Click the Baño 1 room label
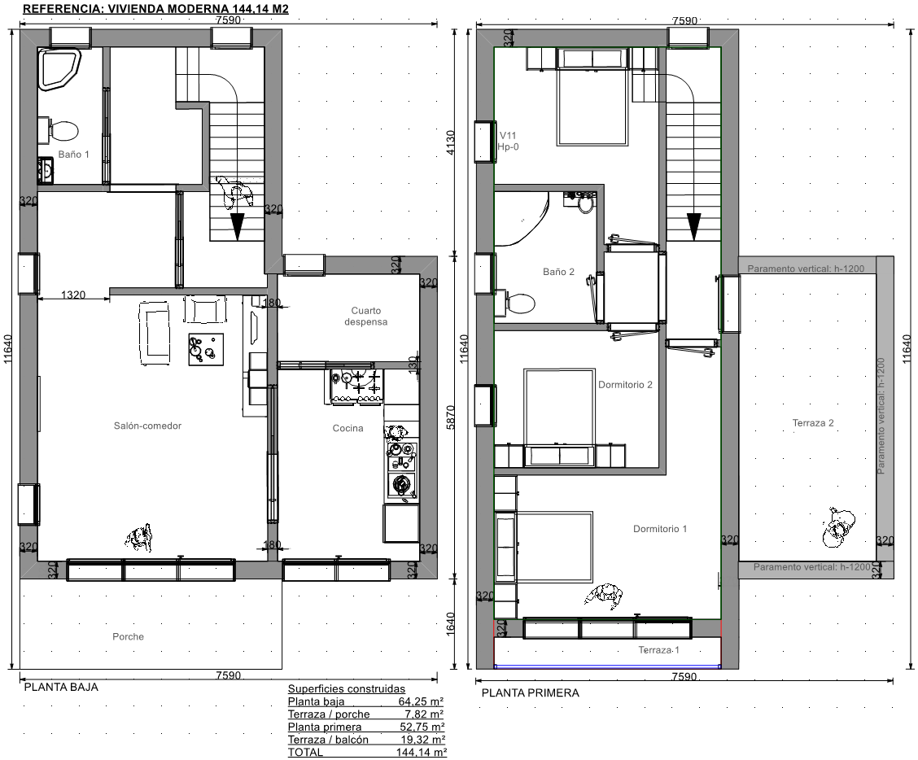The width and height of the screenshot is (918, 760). tap(74, 155)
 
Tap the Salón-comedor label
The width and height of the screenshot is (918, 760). tap(147, 426)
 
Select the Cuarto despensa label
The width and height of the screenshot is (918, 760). tap(366, 317)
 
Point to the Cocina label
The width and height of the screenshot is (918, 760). tap(348, 428)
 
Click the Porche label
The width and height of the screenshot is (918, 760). tap(129, 636)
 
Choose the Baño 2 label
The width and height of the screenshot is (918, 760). tap(558, 272)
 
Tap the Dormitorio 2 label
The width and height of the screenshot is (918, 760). tap(625, 385)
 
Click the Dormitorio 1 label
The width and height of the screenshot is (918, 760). tap(660, 529)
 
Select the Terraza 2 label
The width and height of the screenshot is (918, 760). tap(813, 423)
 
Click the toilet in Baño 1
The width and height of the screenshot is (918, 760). tap(59, 130)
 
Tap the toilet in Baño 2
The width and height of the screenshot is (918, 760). tap(515, 304)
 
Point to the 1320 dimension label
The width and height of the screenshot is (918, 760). tap(73, 295)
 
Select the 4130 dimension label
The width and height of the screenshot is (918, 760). tap(450, 142)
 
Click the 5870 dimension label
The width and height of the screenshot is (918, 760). tap(450, 417)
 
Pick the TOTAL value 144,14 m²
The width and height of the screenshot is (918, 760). tap(422, 753)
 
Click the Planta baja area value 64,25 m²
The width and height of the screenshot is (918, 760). tap(421, 701)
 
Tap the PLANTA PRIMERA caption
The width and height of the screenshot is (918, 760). tap(531, 692)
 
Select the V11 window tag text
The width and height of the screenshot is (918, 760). tap(508, 135)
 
